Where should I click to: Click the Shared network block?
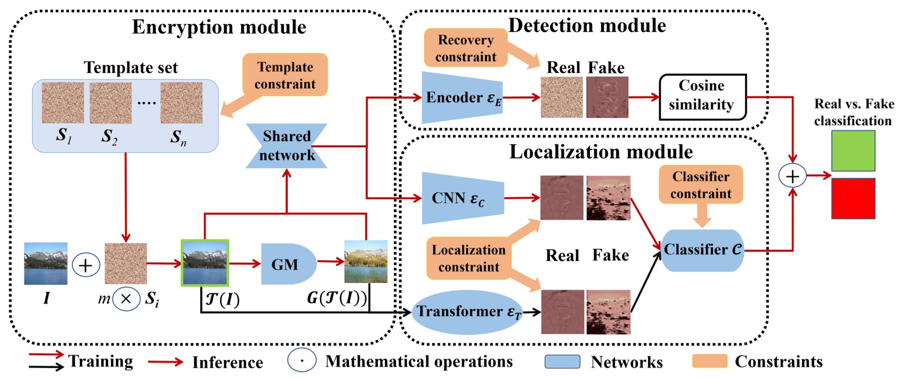tap(287, 146)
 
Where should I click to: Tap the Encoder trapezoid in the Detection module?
tap(461, 97)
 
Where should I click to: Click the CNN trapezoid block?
tap(462, 198)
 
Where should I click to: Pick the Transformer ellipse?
tap(467, 312)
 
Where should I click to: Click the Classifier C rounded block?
tap(702, 250)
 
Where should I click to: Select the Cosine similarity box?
tap(702, 96)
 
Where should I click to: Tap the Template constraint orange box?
tap(285, 75)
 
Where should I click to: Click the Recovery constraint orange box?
tap(466, 48)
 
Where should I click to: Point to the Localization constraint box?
tap(468, 258)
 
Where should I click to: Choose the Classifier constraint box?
tap(701, 185)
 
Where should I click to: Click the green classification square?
tap(853, 151)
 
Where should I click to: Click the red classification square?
tap(853, 198)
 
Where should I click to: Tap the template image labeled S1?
tap(63, 103)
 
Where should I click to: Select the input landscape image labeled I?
tap(46, 264)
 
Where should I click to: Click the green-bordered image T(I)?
tap(205, 263)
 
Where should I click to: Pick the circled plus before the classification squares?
tap(792, 176)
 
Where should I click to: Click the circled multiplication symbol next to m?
tap(126, 299)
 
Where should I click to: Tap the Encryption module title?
tap(219, 27)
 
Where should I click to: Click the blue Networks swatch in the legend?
tap(562, 361)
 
